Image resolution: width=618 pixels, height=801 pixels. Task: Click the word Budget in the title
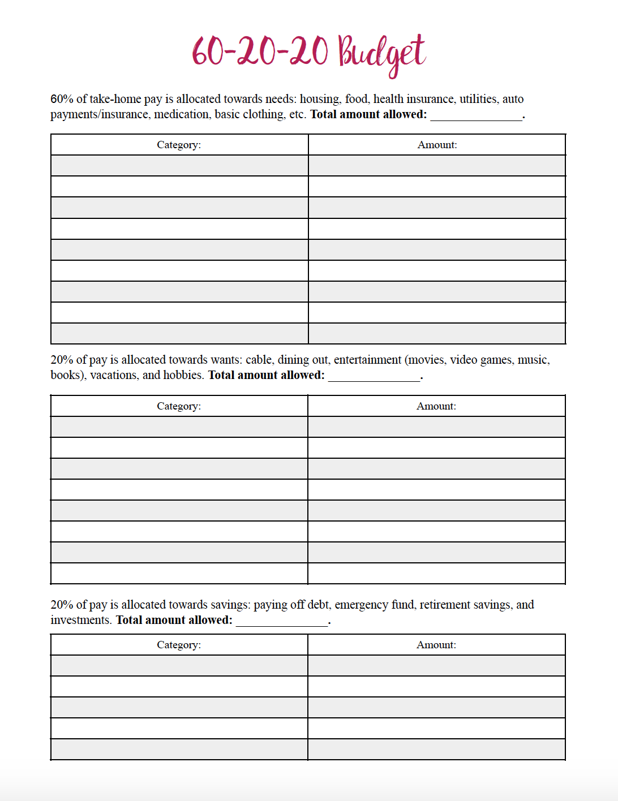click(x=381, y=52)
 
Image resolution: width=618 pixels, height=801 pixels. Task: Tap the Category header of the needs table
click(x=179, y=145)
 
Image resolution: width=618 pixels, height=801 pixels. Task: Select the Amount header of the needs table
click(x=437, y=145)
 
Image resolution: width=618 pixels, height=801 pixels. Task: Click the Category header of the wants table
click(x=179, y=406)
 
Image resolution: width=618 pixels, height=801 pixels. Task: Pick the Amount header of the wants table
click(x=436, y=406)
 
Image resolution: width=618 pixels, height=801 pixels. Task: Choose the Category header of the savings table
click(x=179, y=645)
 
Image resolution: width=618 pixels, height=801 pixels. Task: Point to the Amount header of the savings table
click(x=436, y=645)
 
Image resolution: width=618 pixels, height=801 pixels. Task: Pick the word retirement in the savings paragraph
click(x=445, y=605)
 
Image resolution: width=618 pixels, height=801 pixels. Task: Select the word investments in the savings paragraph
click(x=80, y=620)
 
